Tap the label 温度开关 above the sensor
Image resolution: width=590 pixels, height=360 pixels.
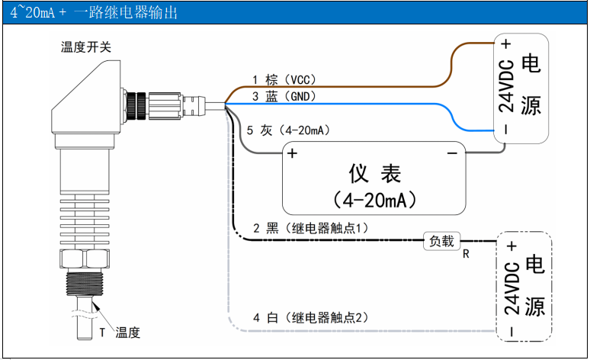[86, 47]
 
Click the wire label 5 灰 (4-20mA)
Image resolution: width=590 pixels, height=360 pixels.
[288, 130]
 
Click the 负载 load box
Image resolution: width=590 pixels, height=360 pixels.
[441, 241]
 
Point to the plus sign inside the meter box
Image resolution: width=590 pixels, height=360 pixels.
[292, 153]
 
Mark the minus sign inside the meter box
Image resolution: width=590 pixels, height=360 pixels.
[451, 153]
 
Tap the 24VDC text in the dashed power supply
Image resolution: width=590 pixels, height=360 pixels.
[511, 288]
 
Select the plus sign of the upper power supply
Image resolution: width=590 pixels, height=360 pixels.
[505, 44]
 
